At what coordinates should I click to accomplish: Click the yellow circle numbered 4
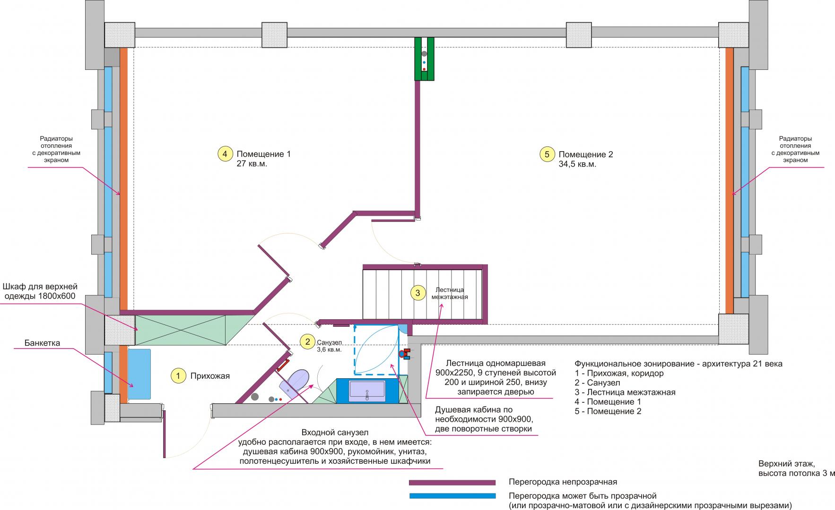tap(225, 154)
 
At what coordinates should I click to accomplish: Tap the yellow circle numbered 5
tap(547, 154)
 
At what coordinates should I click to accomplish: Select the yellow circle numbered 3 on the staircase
tap(417, 293)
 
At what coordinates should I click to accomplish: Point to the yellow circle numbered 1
tap(178, 376)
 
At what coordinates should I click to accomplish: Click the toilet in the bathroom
tap(295, 381)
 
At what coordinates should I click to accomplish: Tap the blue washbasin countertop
tap(367, 391)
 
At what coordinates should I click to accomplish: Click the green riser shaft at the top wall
tap(424, 59)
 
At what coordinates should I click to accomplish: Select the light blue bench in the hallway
tap(139, 374)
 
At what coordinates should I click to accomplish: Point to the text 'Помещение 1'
tap(263, 154)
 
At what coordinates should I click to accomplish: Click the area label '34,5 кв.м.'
tap(577, 164)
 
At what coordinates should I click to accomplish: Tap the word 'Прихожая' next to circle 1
tap(210, 376)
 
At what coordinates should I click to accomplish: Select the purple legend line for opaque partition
tap(452, 483)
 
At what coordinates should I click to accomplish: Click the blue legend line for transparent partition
tap(452, 496)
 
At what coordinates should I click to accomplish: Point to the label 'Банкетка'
tap(43, 343)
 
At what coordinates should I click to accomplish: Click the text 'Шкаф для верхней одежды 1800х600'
tap(40, 291)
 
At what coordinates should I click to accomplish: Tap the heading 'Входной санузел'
tap(335, 433)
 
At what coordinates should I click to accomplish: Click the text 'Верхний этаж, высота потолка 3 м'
tap(796, 468)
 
